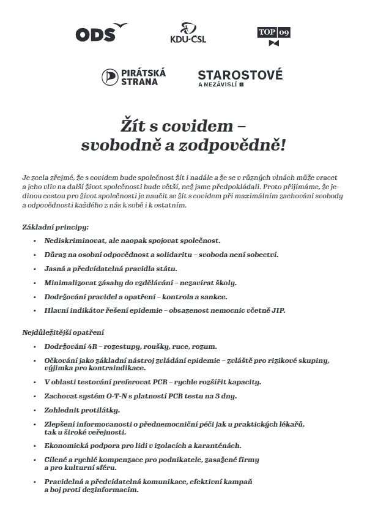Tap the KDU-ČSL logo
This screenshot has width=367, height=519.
187,34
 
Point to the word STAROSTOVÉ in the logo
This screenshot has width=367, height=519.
240,75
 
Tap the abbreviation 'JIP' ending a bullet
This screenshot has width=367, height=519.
278,310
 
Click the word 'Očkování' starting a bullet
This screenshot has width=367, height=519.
60,360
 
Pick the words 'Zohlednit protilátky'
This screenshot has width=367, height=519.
82,409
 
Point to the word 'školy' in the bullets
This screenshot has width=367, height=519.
223,282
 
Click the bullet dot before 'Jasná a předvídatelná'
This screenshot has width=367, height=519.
35,269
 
